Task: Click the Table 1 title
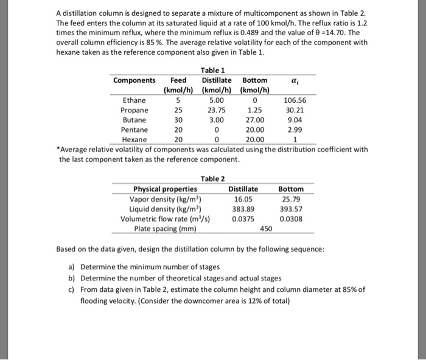212,70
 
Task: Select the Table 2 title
212,178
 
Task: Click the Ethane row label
134,100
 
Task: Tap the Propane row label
134,110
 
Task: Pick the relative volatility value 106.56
295,100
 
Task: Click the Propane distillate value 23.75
216,110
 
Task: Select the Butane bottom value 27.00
254,120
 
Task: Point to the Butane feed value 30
178,120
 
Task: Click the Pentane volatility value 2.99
295,130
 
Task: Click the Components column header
134,80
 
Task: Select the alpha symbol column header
295,80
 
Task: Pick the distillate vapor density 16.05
243,198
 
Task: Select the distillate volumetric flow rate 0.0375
243,218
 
